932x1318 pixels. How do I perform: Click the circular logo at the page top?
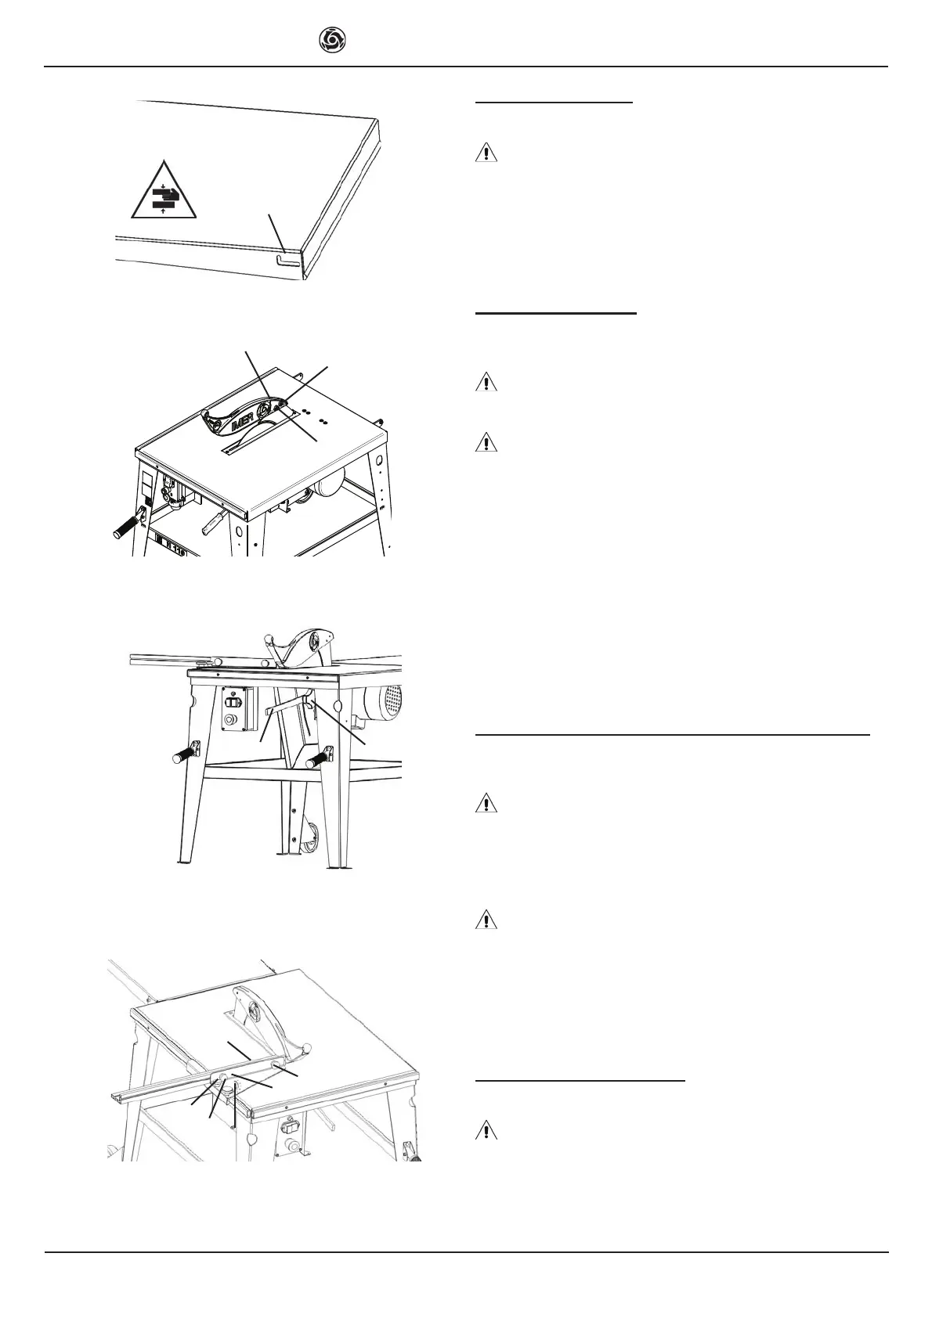(333, 39)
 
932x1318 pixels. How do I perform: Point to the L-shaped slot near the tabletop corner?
(287, 258)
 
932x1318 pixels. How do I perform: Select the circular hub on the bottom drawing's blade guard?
(253, 1011)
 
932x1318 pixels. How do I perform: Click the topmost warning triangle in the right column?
(486, 153)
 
